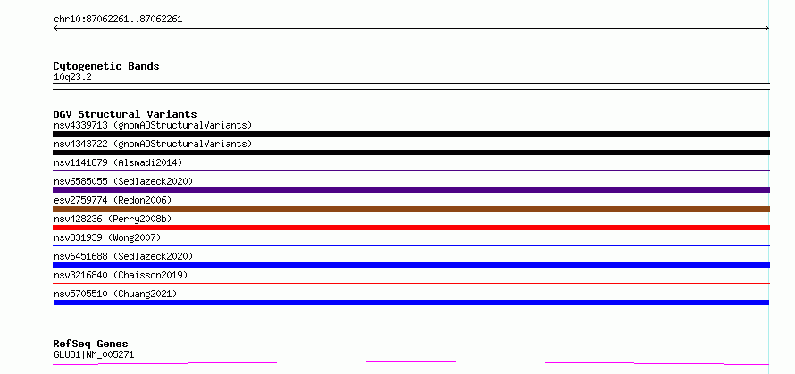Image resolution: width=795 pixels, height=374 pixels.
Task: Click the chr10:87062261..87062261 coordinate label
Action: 118,20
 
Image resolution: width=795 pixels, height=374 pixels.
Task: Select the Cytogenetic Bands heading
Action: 106,66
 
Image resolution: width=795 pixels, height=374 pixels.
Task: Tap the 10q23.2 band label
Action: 72,78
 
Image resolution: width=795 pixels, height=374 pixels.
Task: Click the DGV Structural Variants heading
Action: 125,114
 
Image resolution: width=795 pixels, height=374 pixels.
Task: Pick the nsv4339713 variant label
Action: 153,125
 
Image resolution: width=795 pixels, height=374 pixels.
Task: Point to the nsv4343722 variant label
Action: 153,144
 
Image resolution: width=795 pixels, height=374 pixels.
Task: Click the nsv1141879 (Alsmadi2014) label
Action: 118,162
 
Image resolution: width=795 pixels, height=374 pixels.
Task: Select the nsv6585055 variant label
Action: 123,181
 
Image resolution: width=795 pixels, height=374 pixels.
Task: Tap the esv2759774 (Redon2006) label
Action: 113,200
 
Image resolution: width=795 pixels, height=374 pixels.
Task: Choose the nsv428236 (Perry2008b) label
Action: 113,219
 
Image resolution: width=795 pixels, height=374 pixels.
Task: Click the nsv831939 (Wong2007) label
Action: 107,237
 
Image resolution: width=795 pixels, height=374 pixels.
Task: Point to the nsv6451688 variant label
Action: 123,256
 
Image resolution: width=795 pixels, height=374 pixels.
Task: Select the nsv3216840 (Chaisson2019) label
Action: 121,275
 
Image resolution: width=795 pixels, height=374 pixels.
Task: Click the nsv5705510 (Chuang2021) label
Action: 115,294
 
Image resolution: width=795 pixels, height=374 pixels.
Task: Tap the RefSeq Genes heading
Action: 90,344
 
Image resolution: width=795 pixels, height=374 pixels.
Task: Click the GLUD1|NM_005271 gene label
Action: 94,354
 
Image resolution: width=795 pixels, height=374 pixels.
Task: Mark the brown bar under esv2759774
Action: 411,209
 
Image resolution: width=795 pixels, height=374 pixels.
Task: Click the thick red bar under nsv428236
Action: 411,228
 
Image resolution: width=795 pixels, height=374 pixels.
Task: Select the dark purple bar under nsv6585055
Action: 411,190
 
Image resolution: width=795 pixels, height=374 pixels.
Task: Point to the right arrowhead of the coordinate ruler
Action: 767,29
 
